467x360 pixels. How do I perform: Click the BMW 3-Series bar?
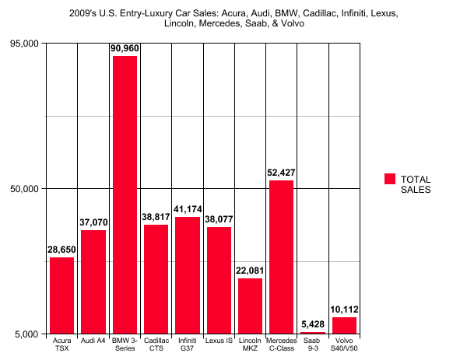(x=125, y=194)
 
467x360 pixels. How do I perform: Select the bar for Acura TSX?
(x=61, y=295)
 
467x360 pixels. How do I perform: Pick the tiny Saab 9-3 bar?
(x=312, y=333)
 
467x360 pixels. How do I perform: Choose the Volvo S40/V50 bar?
(x=344, y=325)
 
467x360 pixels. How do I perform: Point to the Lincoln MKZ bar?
(x=250, y=306)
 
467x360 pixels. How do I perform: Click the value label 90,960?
(x=125, y=49)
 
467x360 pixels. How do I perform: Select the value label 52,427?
(x=281, y=173)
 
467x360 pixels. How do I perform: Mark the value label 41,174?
(x=188, y=209)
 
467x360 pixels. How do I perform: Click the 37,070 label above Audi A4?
(x=93, y=222)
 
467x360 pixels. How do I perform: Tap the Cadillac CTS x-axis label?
(x=156, y=344)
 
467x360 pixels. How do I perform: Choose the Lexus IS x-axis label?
(x=219, y=341)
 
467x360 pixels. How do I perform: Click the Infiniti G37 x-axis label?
(x=188, y=344)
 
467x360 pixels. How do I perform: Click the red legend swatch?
(x=390, y=179)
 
